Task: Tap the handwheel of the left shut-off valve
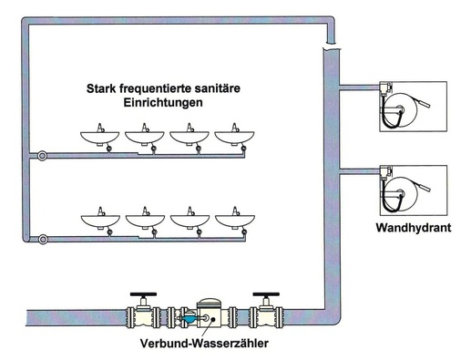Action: point(139,296)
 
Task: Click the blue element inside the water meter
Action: point(188,319)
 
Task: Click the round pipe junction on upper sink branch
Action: point(42,156)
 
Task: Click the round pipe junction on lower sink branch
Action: point(42,240)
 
